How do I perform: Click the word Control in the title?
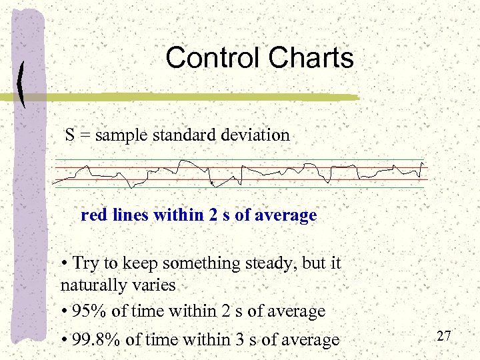point(211,58)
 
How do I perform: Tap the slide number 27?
point(445,335)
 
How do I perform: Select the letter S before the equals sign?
point(70,135)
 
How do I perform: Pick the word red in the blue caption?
point(93,216)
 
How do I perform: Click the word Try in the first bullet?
point(85,264)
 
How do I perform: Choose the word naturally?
point(90,286)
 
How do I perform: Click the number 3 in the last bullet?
point(241,340)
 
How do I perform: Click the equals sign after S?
point(85,136)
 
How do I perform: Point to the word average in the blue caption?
point(289,216)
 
